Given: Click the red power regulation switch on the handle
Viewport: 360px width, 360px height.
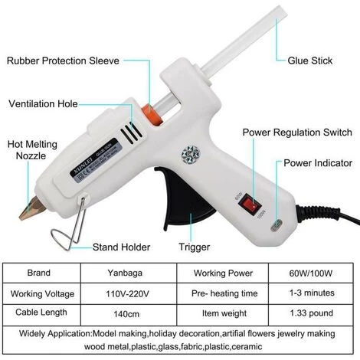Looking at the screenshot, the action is [250, 204].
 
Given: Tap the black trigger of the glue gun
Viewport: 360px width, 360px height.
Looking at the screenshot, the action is [185, 198].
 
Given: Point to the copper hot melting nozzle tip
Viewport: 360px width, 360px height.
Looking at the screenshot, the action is [31, 208].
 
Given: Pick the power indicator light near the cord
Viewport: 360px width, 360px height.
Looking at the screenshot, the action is [277, 225].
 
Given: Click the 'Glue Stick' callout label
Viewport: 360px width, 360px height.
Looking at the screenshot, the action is [310, 61].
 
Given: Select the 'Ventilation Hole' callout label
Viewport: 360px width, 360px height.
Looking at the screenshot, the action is [43, 104].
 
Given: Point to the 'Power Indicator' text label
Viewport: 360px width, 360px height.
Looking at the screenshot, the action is [318, 163].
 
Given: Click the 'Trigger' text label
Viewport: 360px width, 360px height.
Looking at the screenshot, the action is [195, 247].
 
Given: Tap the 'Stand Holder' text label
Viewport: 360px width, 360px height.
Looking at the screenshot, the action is [121, 247].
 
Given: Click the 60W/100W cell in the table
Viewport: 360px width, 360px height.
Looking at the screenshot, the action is [311, 273].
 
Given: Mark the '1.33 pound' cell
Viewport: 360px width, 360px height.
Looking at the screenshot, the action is [311, 313].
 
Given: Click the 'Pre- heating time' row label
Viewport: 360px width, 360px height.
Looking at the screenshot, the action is [224, 293].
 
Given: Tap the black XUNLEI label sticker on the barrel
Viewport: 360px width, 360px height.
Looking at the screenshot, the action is [94, 160].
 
